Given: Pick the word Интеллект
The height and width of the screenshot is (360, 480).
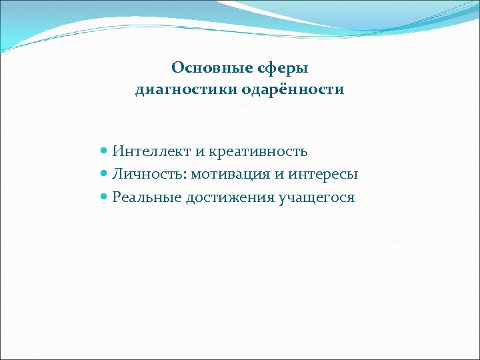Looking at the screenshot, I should [x=152, y=151].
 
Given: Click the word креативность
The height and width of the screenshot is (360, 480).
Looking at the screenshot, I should [x=258, y=151].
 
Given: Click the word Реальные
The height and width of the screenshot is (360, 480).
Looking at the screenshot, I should [x=147, y=197].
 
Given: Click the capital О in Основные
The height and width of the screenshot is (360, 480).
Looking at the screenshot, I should [x=177, y=69].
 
